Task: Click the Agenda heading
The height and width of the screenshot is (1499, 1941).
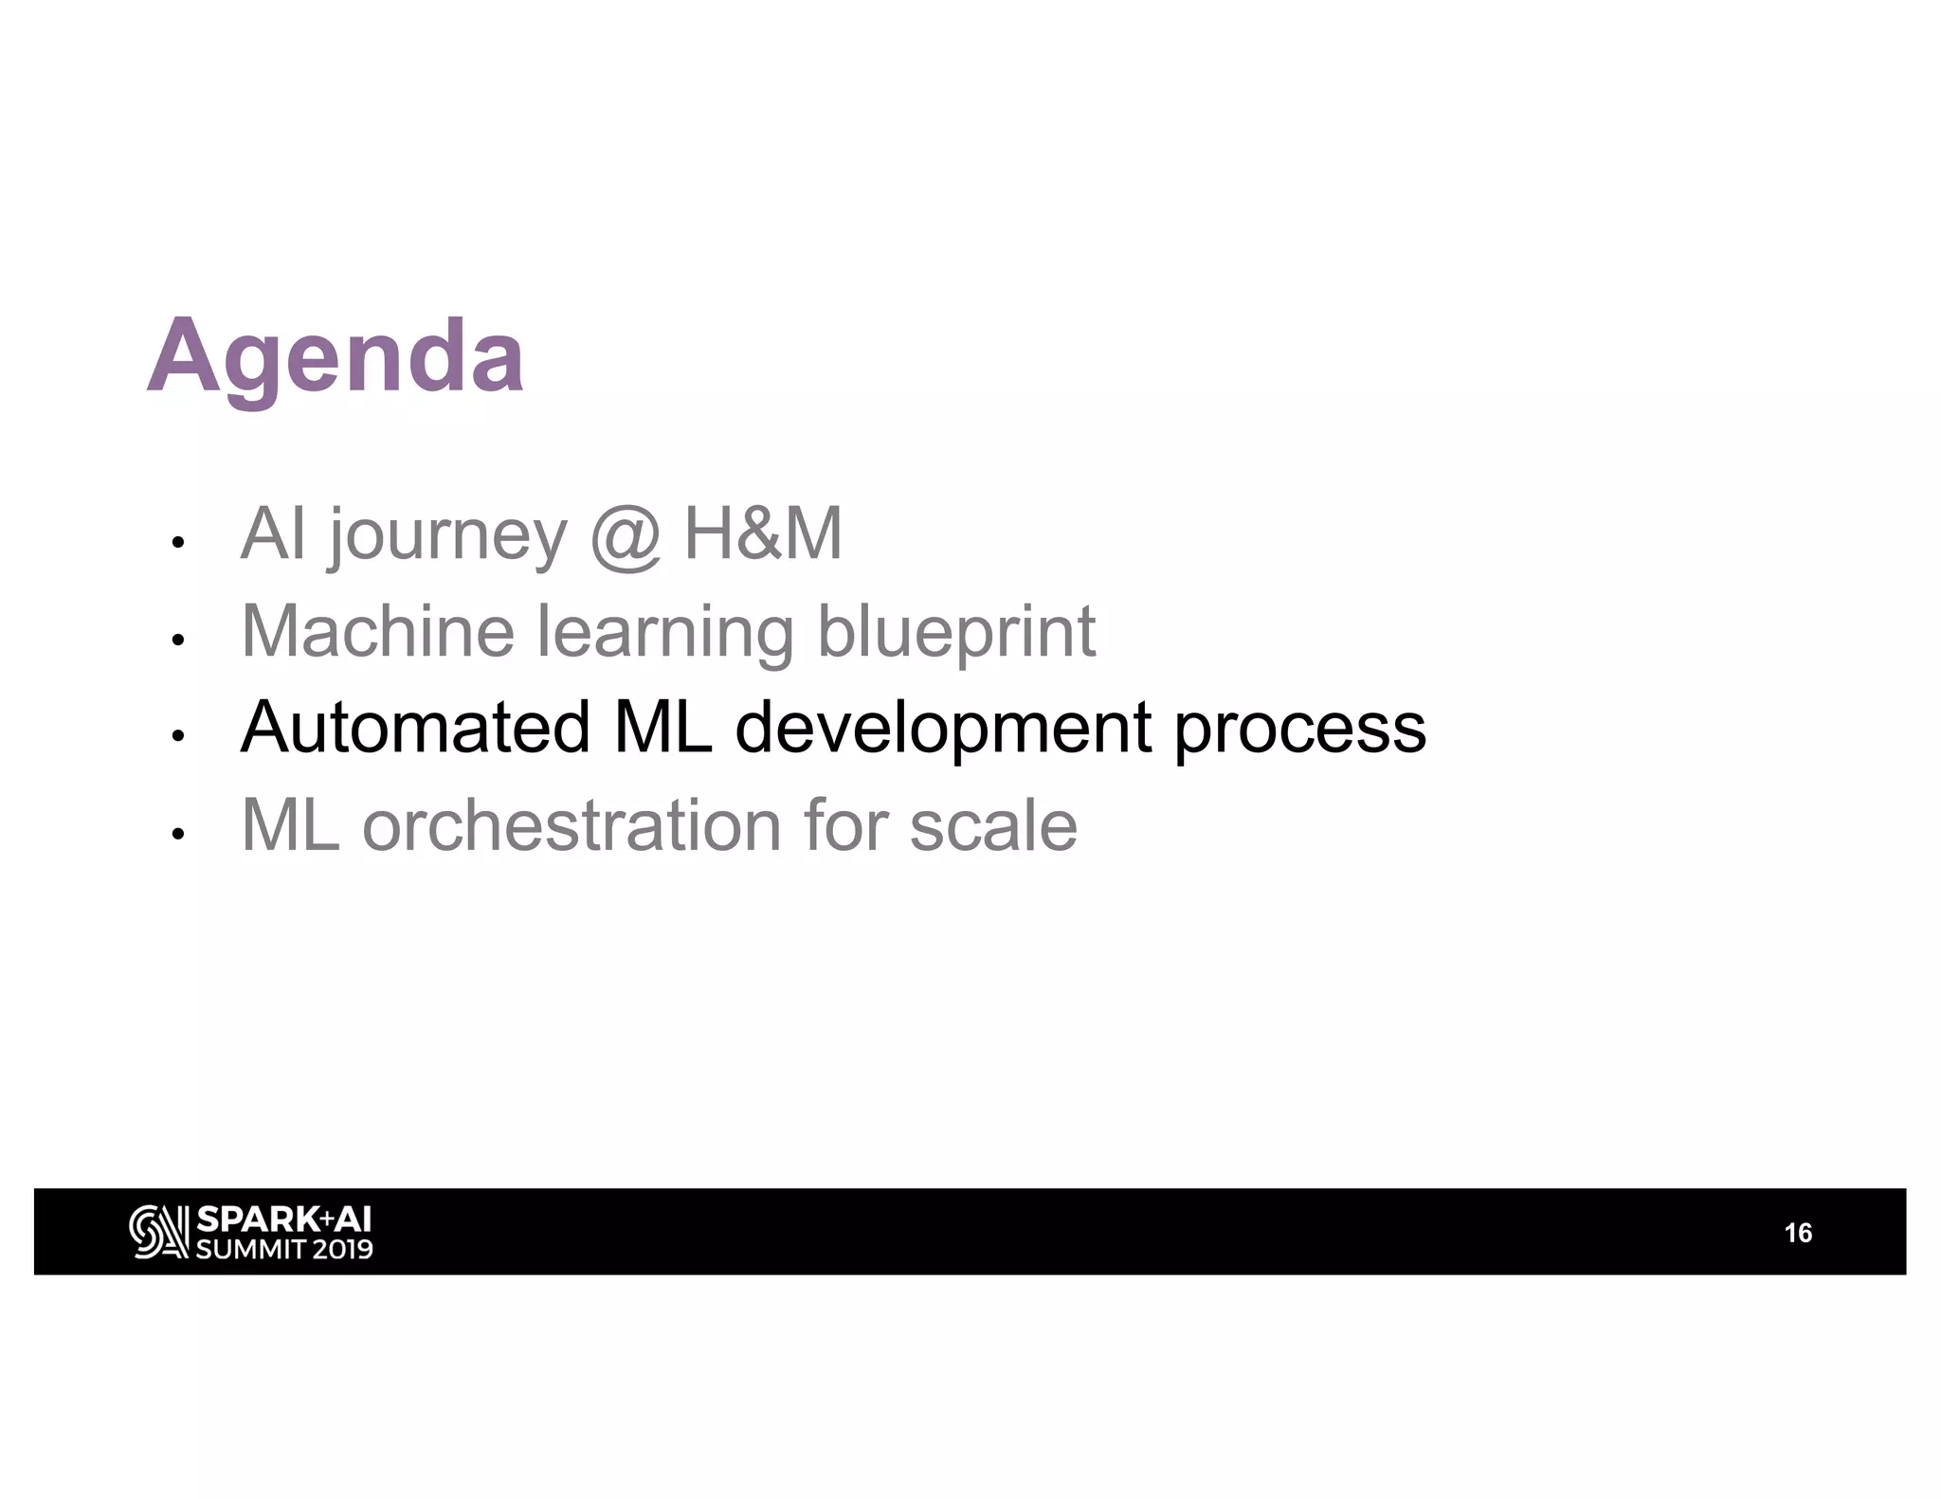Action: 336,358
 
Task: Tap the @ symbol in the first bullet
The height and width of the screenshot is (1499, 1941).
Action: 625,536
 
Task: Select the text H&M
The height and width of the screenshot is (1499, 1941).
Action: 763,534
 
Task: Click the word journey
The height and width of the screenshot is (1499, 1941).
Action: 447,536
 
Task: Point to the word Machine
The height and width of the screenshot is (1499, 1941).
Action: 377,631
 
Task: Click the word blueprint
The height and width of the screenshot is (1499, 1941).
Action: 955,633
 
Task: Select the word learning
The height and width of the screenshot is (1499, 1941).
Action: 665,633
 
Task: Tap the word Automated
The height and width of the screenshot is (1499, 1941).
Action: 415,728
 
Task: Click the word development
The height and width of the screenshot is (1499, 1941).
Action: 943,730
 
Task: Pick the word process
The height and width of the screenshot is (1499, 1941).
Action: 1299,731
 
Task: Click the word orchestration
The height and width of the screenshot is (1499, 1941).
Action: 571,825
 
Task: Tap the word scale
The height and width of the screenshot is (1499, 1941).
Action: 993,825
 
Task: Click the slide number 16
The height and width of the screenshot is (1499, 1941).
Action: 1797,1233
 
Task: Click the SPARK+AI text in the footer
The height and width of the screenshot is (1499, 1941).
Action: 283,1219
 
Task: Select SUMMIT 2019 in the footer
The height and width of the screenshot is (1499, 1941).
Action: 283,1249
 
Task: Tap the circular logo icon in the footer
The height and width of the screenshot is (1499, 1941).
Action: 157,1232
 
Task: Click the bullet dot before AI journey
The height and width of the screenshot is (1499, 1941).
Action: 176,543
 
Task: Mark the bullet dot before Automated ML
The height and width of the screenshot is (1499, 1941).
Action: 176,736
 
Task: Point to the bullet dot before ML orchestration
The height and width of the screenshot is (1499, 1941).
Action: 176,834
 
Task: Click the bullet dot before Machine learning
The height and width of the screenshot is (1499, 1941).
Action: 176,640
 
